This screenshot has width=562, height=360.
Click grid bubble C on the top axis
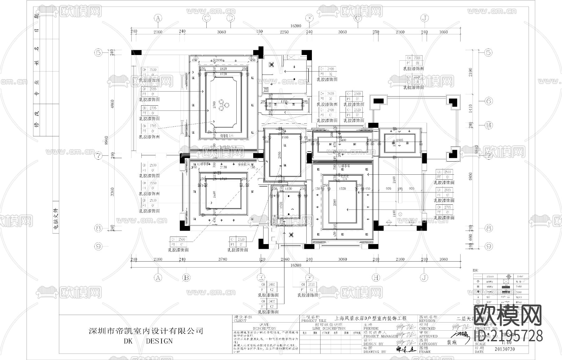tap(206, 18)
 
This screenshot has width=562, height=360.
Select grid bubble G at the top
tap(358, 18)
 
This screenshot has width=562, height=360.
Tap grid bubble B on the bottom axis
tap(186, 277)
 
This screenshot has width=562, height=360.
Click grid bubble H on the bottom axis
tap(376, 277)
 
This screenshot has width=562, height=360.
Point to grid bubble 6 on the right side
tap(489, 101)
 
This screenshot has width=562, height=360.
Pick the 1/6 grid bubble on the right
tap(489, 125)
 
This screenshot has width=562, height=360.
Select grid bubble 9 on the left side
tap(99, 247)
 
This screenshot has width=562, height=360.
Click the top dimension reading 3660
tap(221, 32)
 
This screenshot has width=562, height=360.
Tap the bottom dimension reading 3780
tap(223, 259)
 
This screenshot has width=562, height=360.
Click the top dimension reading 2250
tap(284, 32)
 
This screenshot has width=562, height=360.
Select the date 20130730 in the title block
tap(505, 349)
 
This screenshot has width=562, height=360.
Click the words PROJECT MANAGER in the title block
tap(380, 336)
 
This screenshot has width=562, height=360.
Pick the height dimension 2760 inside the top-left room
tap(214, 104)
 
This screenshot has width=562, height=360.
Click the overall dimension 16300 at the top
tap(295, 26)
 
